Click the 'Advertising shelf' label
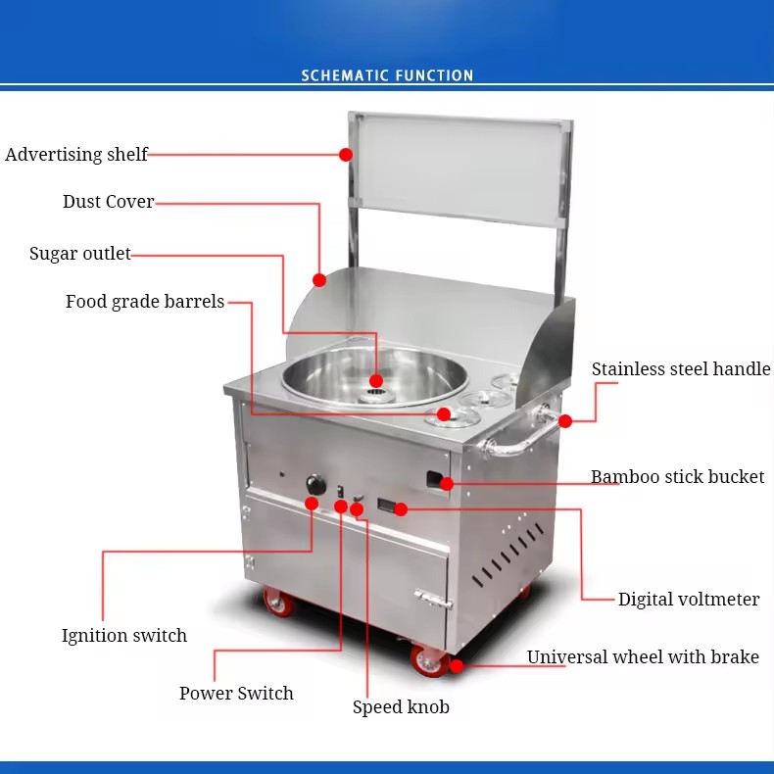[76, 155]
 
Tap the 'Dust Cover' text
[108, 202]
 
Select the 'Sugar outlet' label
[80, 254]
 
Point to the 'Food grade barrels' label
[145, 302]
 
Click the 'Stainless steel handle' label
[681, 368]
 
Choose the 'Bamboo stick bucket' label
[677, 476]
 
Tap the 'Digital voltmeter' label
[689, 599]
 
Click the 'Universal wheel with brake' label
[643, 657]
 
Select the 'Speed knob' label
[401, 706]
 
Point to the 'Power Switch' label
[236, 693]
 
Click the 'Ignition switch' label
[124, 635]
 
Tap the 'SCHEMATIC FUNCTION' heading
[388, 75]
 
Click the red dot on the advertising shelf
[346, 155]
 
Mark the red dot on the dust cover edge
[319, 280]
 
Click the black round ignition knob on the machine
[315, 484]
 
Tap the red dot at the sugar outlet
[376, 380]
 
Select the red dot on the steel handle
[565, 421]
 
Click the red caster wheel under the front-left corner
[278, 603]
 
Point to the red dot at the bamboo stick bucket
[447, 484]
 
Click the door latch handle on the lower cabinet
[433, 599]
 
